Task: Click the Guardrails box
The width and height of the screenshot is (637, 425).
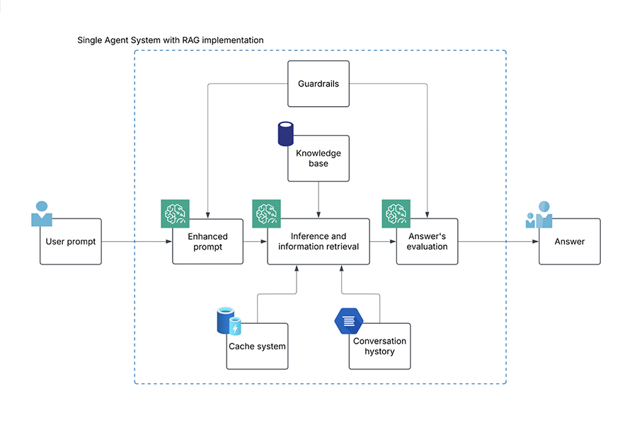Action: click(318, 83)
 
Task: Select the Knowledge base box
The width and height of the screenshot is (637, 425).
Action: click(318, 158)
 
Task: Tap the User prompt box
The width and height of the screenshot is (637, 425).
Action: click(71, 242)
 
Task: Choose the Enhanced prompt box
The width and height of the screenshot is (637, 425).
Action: click(207, 242)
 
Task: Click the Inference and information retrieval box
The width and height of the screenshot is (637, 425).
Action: click(318, 242)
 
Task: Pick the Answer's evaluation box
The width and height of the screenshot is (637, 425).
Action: click(427, 242)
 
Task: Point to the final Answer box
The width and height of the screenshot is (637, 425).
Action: click(570, 242)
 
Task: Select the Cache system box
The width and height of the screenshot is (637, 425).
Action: click(257, 347)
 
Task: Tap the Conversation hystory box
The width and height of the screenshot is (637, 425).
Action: click(380, 347)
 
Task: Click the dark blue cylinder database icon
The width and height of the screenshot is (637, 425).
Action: click(286, 134)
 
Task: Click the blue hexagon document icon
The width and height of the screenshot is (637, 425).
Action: click(348, 321)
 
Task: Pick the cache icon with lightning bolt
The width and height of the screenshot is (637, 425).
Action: click(229, 321)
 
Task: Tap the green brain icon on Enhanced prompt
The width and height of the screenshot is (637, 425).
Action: click(175, 214)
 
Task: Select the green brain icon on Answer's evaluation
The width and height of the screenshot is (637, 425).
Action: click(396, 214)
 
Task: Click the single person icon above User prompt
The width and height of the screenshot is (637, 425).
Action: click(42, 214)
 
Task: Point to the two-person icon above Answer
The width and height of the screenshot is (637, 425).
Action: click(539, 214)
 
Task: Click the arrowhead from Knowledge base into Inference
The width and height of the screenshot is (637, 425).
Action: click(318, 215)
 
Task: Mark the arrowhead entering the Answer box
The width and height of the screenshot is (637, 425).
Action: click(536, 242)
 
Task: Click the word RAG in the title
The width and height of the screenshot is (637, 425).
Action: click(191, 40)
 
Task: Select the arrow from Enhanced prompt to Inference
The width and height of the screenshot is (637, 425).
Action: click(255, 242)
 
